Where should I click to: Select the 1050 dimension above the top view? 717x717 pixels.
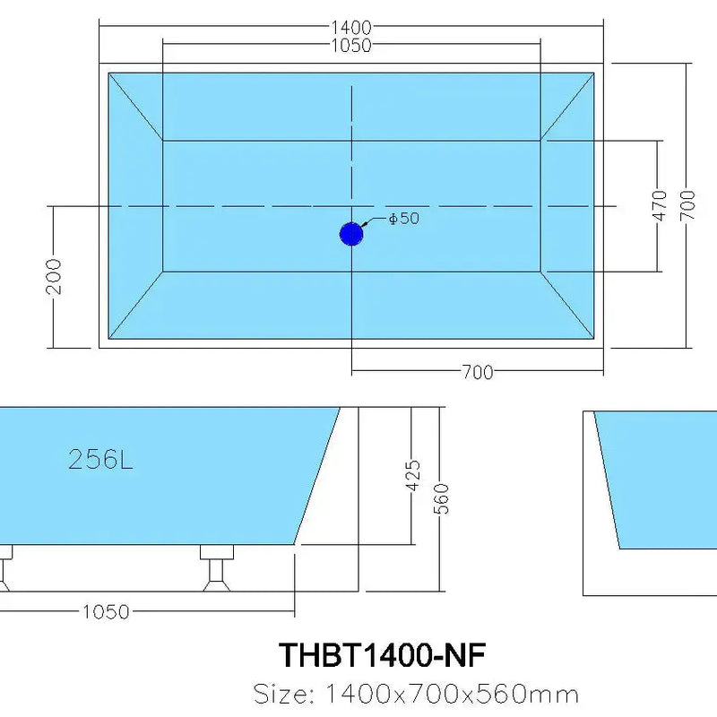[350, 46]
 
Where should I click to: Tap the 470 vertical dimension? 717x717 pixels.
[661, 206]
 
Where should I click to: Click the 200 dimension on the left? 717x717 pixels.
[55, 276]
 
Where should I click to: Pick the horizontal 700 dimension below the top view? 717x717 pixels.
[477, 372]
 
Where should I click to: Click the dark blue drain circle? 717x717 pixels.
[350, 234]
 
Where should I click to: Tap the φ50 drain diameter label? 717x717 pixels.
[404, 218]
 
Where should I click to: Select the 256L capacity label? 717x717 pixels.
[100, 460]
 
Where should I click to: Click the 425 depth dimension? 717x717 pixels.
[413, 477]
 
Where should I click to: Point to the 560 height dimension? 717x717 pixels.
[442, 499]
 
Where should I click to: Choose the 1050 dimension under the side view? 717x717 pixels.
[106, 612]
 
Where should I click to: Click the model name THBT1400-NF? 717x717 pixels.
[383, 655]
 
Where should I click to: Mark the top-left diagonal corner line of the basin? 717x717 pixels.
[135, 106]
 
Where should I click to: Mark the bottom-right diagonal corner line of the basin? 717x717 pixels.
[567, 304]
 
